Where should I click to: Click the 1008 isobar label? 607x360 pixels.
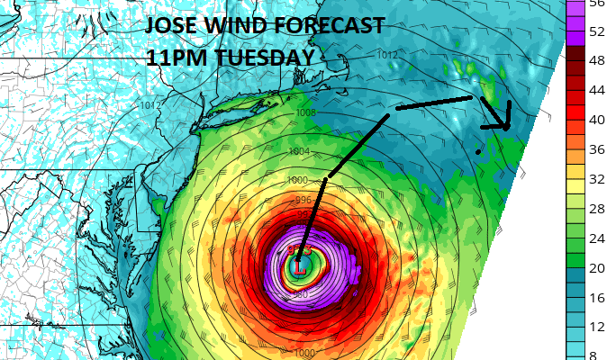point(305,112)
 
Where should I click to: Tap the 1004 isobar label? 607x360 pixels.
point(300,151)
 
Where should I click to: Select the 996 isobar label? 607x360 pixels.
point(303,201)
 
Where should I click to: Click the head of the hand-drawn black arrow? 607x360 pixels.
point(506,125)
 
